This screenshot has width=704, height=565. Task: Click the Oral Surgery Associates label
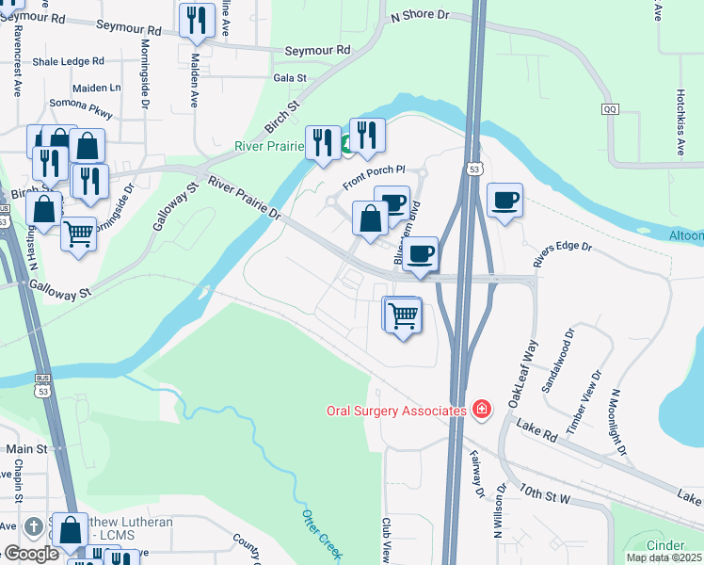396,411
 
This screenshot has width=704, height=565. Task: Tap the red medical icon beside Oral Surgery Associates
482,410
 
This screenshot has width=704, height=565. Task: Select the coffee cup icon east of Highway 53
504,201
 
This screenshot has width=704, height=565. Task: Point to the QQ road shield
611,109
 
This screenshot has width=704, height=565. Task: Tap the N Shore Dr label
420,16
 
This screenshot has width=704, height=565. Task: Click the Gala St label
290,78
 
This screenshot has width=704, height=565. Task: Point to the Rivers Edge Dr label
562,253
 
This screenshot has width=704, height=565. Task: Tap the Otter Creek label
320,534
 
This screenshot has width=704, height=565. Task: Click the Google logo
30,554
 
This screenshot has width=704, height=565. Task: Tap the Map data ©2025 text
664,557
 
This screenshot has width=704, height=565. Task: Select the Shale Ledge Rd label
68,61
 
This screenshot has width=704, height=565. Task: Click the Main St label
26,450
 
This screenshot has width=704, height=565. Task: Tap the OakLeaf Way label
520,375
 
